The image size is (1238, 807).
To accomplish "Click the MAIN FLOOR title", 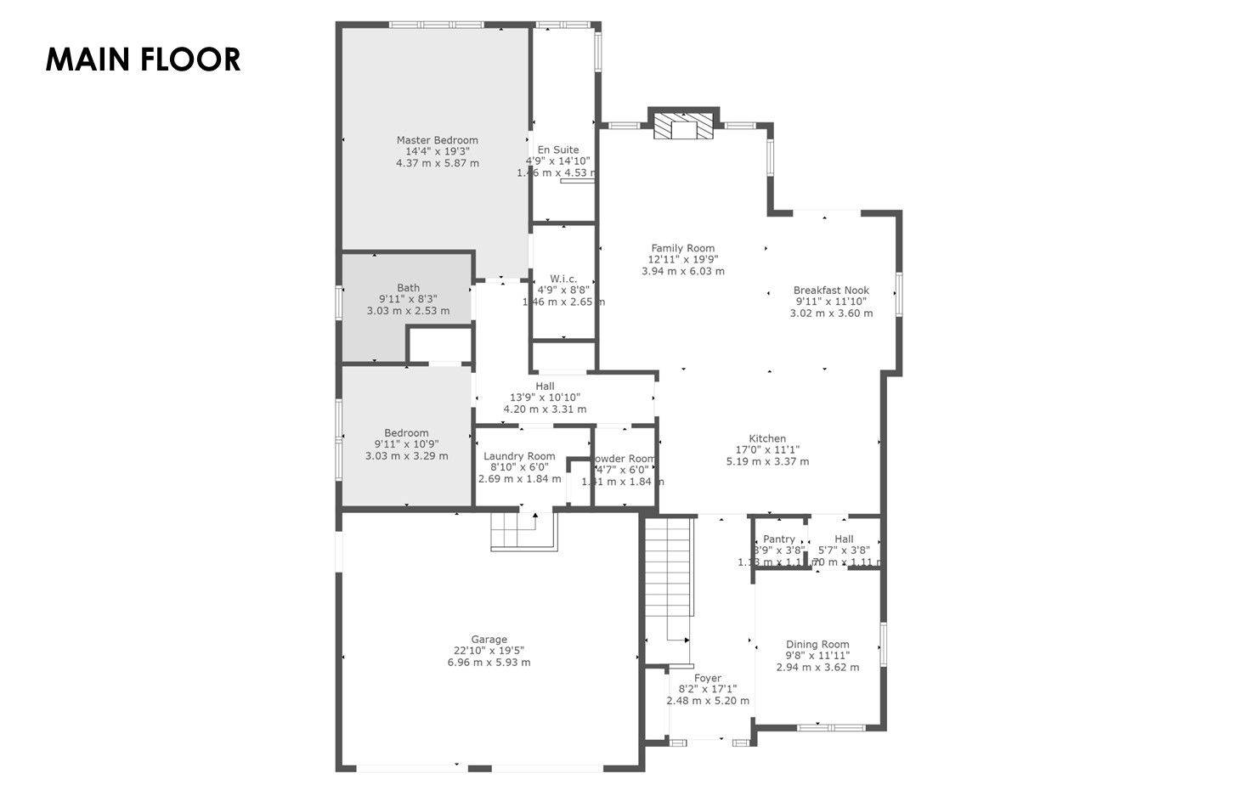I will click(143, 59).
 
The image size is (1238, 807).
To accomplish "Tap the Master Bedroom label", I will click(437, 140).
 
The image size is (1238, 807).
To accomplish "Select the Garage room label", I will click(489, 640).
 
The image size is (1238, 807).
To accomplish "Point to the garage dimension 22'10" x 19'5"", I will click(489, 652).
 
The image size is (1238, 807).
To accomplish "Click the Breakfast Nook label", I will click(831, 290).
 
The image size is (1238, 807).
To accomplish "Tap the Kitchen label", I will click(767, 438).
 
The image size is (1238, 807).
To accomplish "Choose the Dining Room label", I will click(817, 644).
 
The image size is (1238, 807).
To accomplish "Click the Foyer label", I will click(707, 678).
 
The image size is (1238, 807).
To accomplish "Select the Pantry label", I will click(779, 539).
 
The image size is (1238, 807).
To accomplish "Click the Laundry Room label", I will click(519, 456).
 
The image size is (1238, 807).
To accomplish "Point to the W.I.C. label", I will click(563, 279).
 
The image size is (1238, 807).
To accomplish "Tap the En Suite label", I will click(558, 150).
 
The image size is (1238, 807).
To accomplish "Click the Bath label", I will click(408, 288).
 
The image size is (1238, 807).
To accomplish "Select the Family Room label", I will click(683, 248).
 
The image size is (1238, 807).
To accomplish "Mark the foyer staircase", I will click(668, 586).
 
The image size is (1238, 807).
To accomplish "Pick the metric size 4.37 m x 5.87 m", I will click(437, 163).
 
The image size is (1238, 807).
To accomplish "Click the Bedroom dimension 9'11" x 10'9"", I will click(406, 444).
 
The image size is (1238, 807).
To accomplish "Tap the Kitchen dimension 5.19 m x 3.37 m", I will click(767, 461).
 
